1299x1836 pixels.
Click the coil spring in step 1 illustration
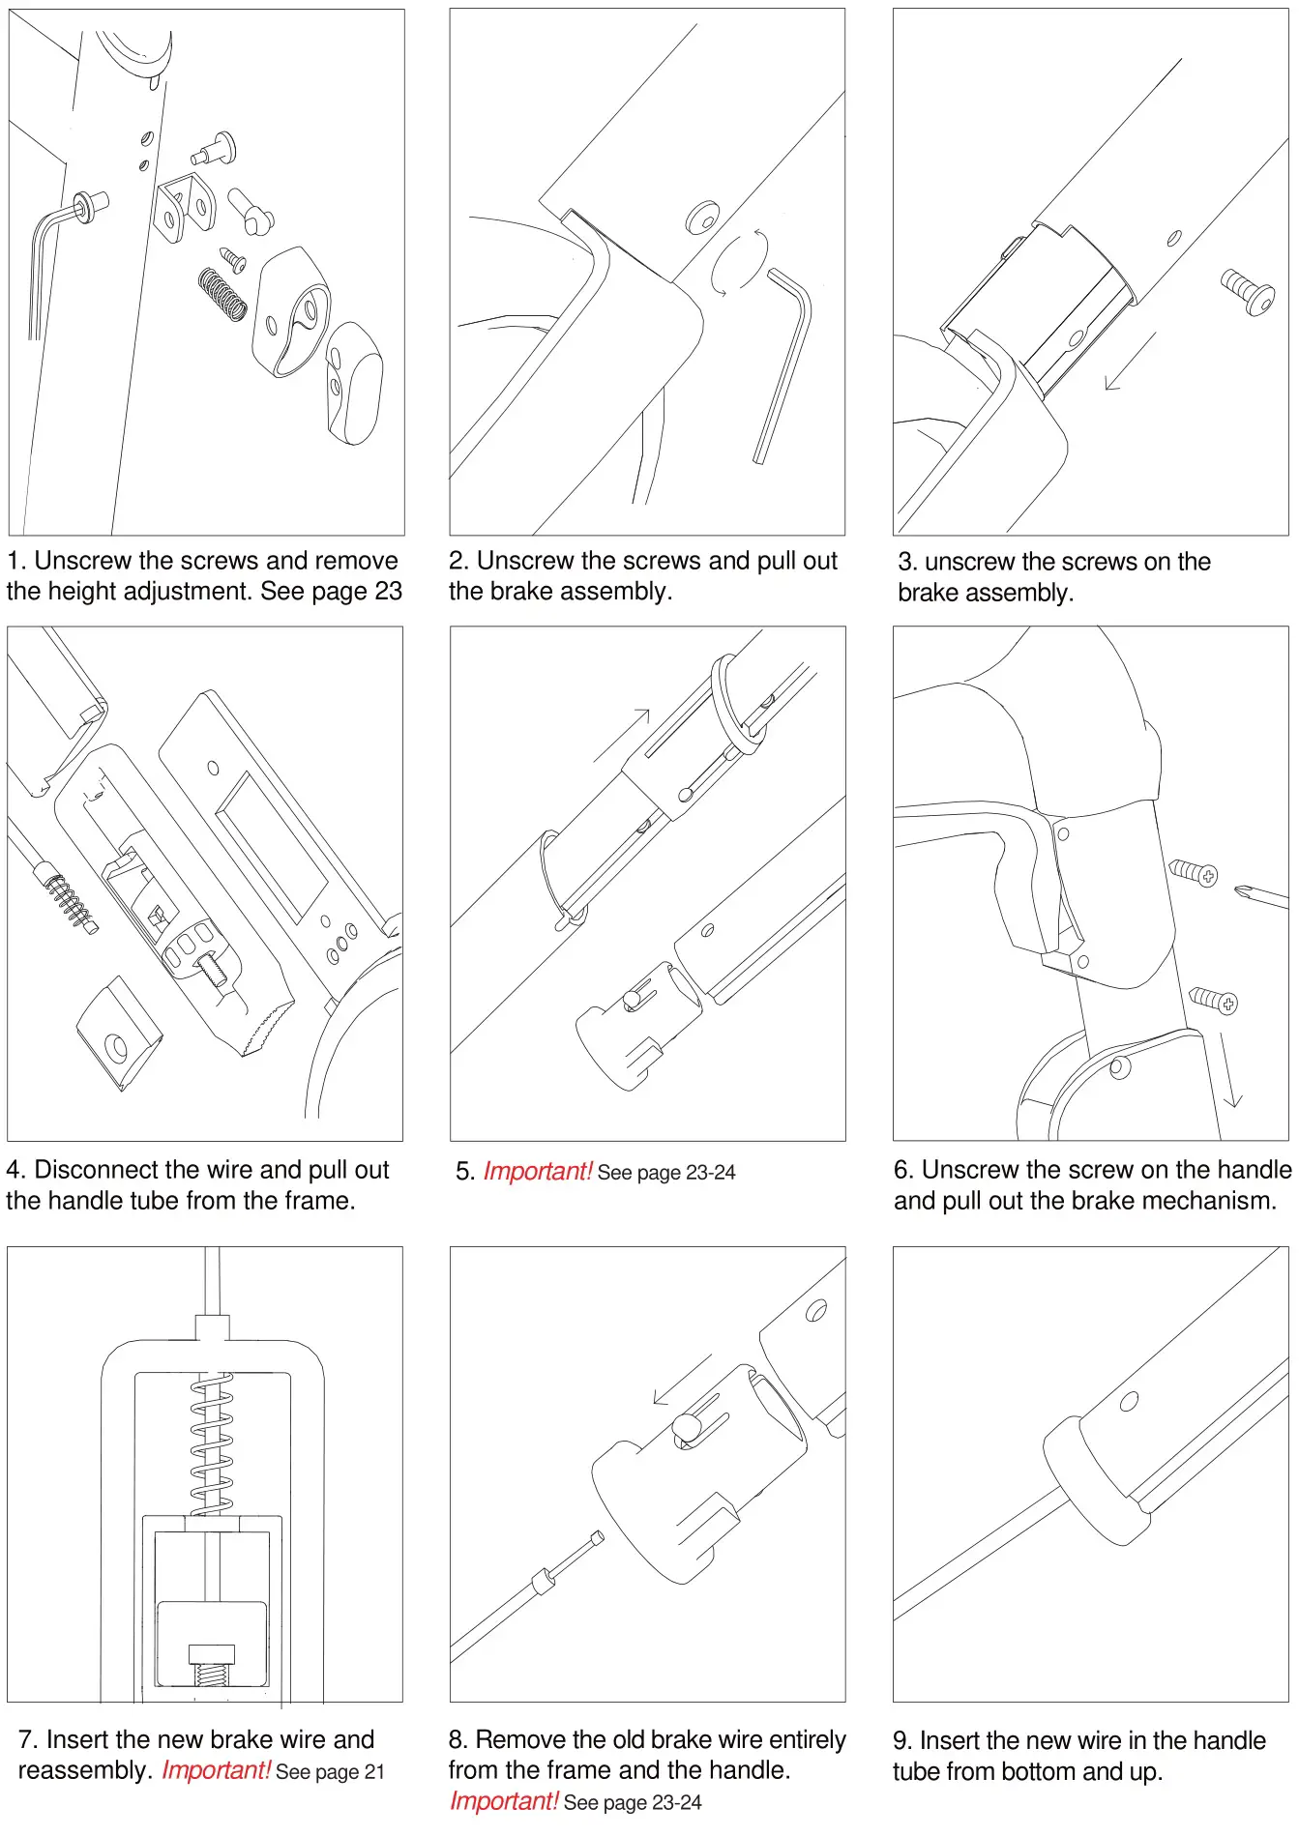tap(222, 294)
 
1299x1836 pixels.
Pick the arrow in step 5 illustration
tap(622, 735)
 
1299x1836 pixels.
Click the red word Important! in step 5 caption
tap(538, 1172)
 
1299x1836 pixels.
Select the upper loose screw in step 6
tap(1194, 872)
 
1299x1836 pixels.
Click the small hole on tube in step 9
tap(1128, 1401)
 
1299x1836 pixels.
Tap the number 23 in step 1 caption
tap(388, 591)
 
